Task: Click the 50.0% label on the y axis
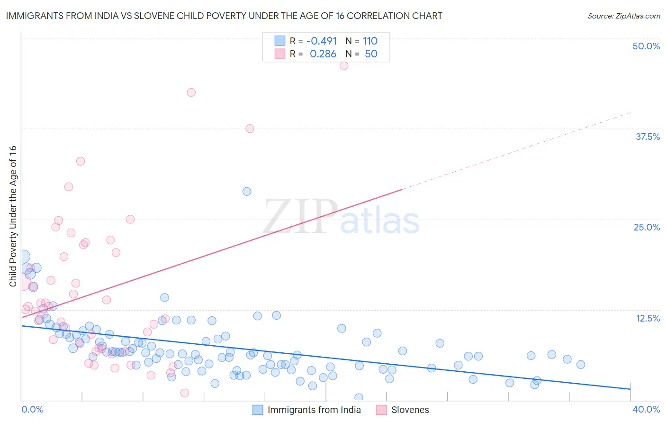[646, 46]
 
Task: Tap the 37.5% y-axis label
[648, 137]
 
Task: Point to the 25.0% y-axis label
[647, 227]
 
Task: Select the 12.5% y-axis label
[648, 318]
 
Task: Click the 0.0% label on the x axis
[32, 409]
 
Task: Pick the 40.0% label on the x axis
[646, 409]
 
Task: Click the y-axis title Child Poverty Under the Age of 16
[13, 216]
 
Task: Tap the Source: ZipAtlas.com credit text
[623, 16]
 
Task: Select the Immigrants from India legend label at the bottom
[314, 410]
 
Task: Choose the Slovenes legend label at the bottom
[410, 410]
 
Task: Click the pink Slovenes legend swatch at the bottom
[382, 410]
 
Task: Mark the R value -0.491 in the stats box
[321, 41]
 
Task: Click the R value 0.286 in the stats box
[323, 54]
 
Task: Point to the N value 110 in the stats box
[370, 41]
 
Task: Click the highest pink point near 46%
[344, 66]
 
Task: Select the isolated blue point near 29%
[247, 192]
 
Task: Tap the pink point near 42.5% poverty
[191, 92]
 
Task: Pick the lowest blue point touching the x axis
[359, 397]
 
